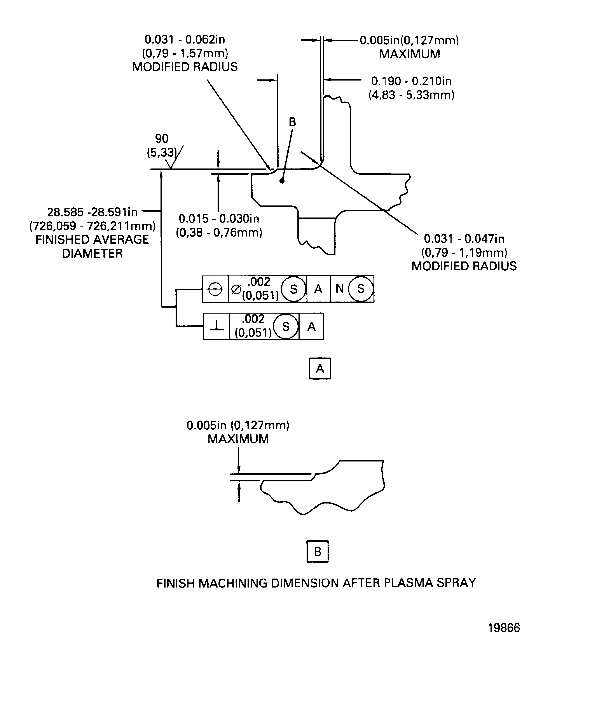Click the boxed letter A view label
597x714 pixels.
pos(319,368)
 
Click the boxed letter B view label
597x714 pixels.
pos(317,551)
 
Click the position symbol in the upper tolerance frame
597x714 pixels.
pos(215,289)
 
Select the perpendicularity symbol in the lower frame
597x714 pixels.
pos(216,326)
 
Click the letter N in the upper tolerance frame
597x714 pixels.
pos(339,289)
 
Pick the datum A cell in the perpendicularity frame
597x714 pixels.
pos(311,326)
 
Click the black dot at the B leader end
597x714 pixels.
pos(282,181)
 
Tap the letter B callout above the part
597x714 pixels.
pos(292,122)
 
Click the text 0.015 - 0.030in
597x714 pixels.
pos(219,219)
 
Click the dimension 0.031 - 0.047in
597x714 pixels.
pos(464,239)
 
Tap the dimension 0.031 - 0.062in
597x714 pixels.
pos(185,40)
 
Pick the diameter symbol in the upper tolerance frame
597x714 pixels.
pos(236,289)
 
